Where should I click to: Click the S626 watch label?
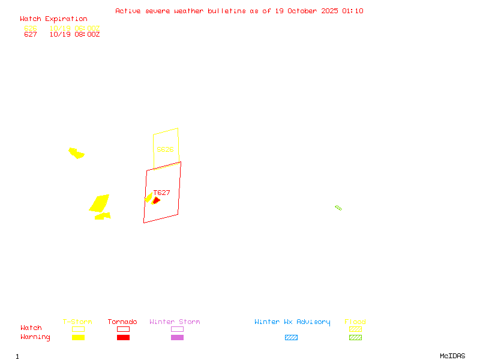(165, 149)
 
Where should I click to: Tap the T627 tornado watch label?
(162, 193)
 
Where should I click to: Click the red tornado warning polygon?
(156, 200)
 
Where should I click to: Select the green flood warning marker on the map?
(338, 208)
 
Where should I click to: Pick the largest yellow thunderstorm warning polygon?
(100, 203)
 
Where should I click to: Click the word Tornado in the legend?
(122, 322)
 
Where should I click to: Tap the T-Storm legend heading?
(77, 322)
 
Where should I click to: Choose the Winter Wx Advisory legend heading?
(292, 322)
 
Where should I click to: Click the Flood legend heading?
(355, 322)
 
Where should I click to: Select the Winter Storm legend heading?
(175, 322)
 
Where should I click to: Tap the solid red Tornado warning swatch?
(123, 337)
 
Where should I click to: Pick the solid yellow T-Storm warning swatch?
(78, 337)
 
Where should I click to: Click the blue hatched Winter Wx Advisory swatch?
(291, 337)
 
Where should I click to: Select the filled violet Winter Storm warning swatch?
(177, 337)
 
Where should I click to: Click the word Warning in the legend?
(35, 337)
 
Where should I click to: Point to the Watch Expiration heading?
(53, 19)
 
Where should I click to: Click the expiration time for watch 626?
(75, 28)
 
